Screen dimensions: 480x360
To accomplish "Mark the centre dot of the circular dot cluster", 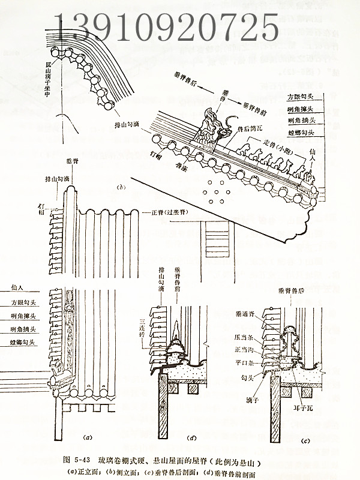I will (215, 193).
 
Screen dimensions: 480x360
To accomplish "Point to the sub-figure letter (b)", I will (121, 188).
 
